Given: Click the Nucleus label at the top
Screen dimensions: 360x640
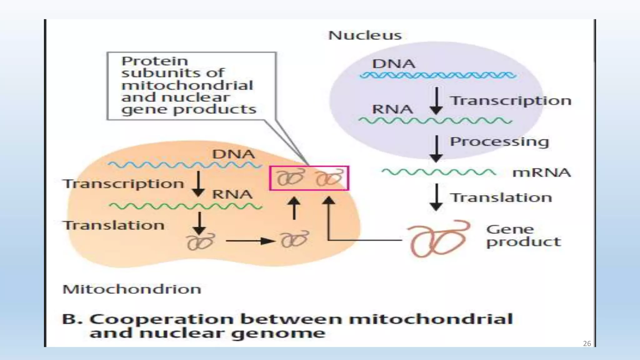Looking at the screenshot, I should (365, 35).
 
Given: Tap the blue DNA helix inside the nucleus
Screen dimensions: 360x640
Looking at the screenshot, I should (437, 75).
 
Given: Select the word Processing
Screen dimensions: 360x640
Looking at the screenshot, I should (499, 142).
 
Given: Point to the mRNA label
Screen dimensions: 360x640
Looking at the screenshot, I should (542, 172).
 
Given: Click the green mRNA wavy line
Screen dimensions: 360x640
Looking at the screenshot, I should (438, 172).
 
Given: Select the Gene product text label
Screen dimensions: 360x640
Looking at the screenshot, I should (523, 236).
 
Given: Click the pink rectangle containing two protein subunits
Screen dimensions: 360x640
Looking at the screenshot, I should (309, 178).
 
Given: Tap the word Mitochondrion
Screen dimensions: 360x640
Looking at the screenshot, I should (132, 289).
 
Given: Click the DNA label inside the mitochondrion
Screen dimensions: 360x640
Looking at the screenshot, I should (233, 154).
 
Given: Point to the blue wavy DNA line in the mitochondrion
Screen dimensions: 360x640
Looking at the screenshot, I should (184, 165).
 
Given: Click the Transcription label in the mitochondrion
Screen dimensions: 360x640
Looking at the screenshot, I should (123, 184).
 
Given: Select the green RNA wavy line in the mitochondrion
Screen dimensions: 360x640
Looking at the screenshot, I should (185, 206).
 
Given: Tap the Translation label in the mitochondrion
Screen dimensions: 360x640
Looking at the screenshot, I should (113, 225).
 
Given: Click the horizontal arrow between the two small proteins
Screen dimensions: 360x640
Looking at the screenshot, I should (250, 241).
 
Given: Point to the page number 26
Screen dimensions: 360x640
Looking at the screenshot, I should (587, 344).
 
